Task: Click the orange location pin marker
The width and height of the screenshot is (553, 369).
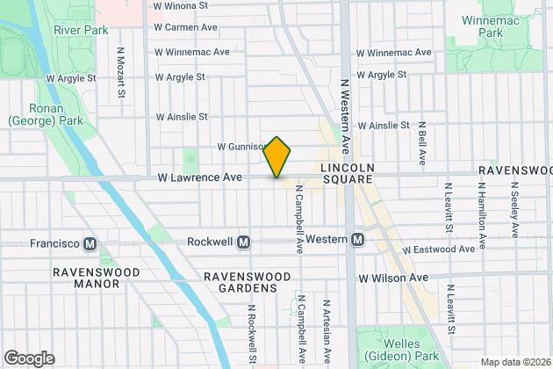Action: [x=276, y=158]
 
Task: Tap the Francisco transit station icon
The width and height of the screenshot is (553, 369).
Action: [x=89, y=242]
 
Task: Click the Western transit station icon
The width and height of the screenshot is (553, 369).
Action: [x=358, y=240]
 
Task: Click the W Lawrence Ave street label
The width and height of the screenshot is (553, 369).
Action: [x=199, y=177]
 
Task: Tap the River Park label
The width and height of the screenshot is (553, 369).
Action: [x=80, y=29]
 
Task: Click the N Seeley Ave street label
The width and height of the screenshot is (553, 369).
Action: [x=515, y=208]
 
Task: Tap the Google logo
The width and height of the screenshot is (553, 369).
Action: [x=29, y=358]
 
